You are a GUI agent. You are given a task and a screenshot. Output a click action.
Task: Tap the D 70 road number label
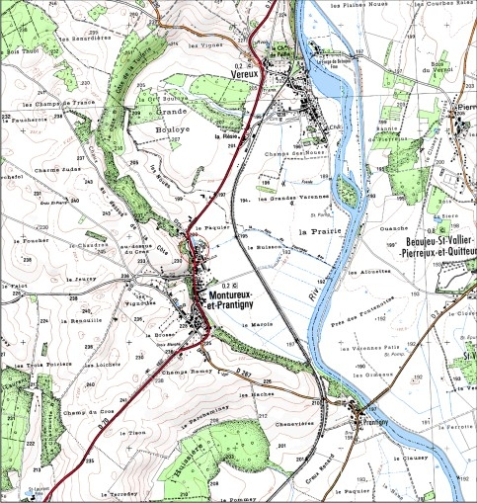pyautogui.click(x=101, y=422)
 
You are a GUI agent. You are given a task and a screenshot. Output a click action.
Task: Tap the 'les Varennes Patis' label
pyautogui.click(x=386, y=348)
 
